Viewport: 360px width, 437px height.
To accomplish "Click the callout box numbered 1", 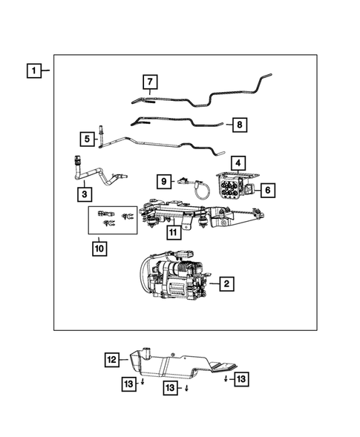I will (33, 72).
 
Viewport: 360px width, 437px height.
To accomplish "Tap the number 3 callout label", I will (86, 194).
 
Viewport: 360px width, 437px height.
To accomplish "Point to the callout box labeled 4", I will (238, 162).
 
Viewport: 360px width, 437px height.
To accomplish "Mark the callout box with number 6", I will (268, 191).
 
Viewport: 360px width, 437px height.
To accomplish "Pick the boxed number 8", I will (238, 125).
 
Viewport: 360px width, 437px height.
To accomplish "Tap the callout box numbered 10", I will (99, 249).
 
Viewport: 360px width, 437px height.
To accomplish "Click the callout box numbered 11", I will (173, 232).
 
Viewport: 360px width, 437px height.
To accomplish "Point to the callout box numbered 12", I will (111, 360).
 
